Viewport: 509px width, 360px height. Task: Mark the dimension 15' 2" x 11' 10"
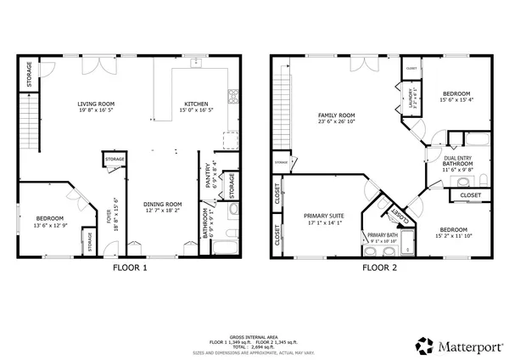click(x=452, y=236)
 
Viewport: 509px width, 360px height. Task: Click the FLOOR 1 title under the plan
click(x=130, y=268)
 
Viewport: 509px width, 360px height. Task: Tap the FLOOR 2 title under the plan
click(x=380, y=268)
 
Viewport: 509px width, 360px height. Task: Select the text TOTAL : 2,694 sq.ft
click(x=255, y=346)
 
